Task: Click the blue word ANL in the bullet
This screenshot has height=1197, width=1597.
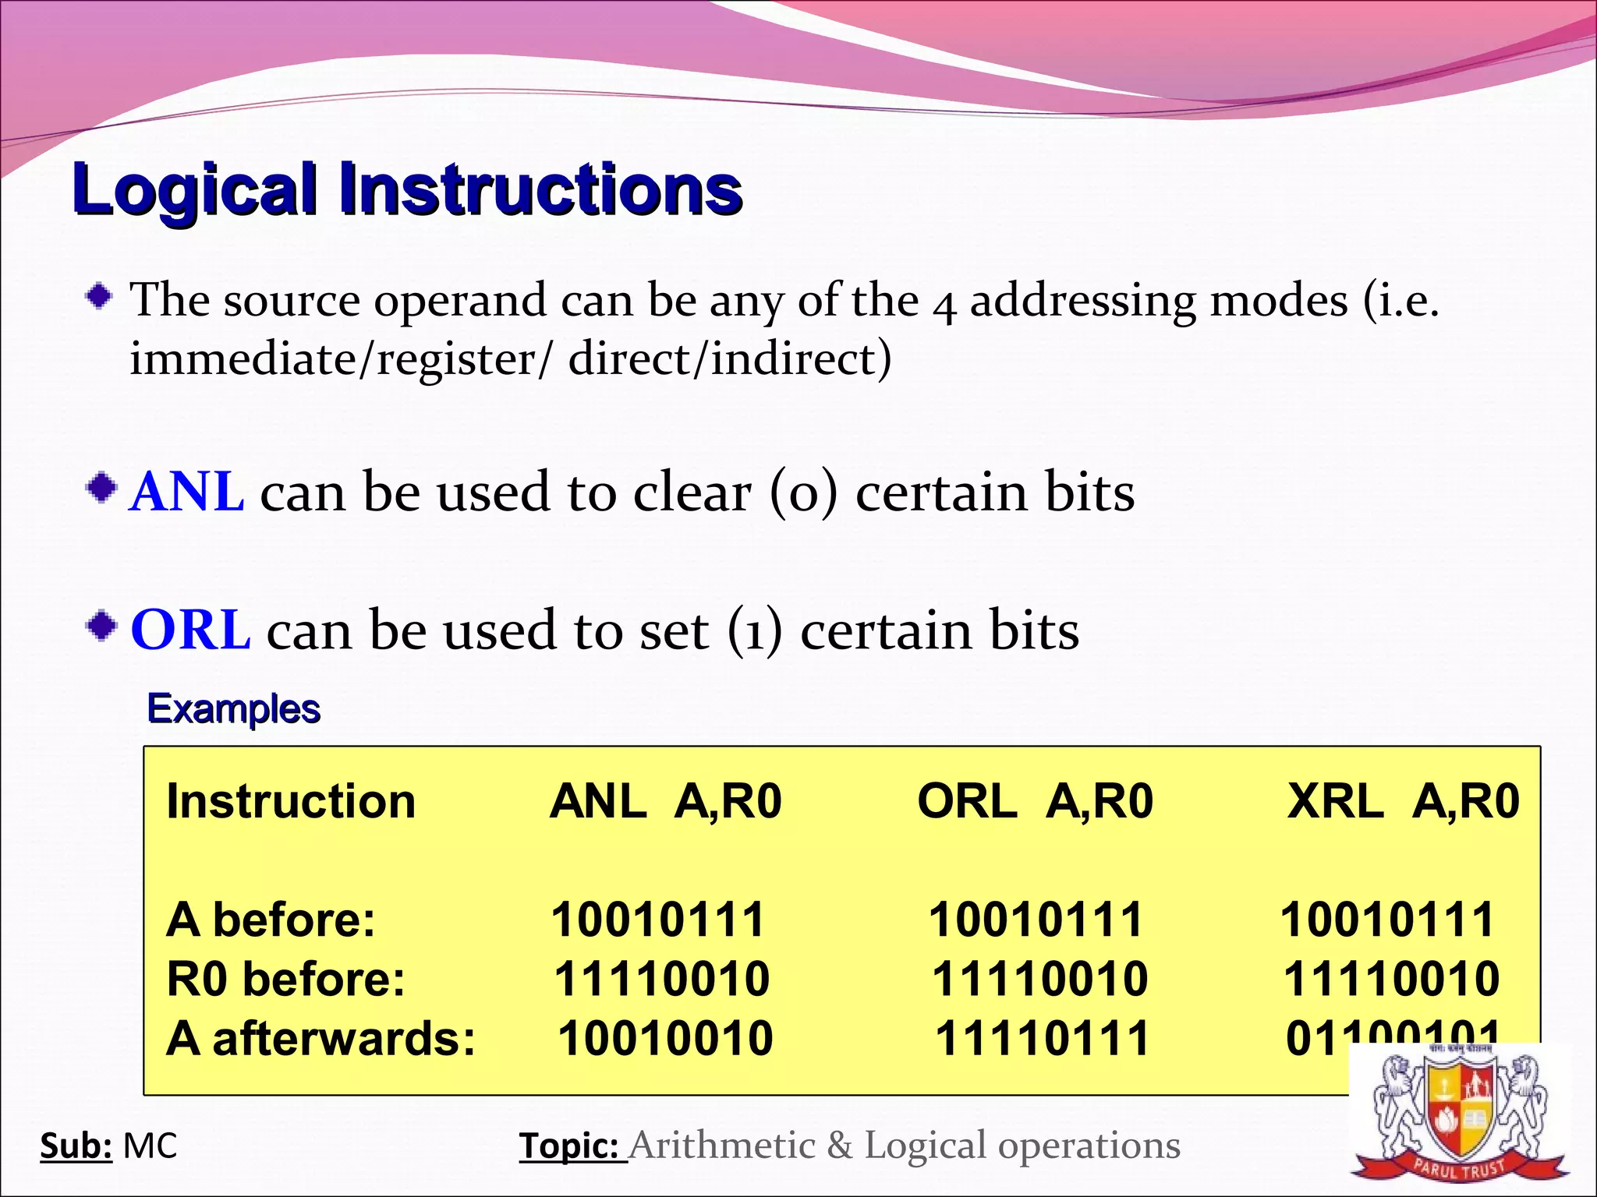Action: (x=187, y=493)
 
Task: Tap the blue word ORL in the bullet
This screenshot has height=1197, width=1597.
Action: (x=190, y=630)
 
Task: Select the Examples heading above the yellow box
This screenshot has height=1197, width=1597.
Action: (x=233, y=709)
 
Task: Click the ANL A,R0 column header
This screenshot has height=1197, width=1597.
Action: (x=665, y=801)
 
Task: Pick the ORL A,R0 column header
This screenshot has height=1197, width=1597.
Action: (x=1035, y=801)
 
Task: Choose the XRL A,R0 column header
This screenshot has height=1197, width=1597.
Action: (x=1403, y=801)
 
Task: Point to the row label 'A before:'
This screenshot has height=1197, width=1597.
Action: (x=271, y=920)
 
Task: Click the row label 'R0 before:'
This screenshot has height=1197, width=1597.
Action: (x=286, y=979)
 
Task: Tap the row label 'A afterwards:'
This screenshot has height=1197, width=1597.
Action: (x=320, y=1039)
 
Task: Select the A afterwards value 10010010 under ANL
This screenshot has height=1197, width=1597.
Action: (x=665, y=1039)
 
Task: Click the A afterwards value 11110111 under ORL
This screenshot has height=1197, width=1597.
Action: (x=1043, y=1039)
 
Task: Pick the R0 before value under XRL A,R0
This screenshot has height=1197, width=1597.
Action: (x=1391, y=979)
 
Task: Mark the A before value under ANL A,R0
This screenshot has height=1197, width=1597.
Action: (x=658, y=920)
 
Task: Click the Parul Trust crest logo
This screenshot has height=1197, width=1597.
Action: (x=1459, y=1119)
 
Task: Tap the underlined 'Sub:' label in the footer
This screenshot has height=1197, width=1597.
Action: (x=76, y=1146)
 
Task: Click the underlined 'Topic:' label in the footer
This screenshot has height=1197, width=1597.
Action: (x=572, y=1146)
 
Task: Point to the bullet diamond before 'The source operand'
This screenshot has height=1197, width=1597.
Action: (x=99, y=296)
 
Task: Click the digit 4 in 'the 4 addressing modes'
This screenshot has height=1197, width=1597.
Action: (x=944, y=305)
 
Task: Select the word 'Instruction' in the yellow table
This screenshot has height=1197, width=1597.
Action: (x=291, y=801)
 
